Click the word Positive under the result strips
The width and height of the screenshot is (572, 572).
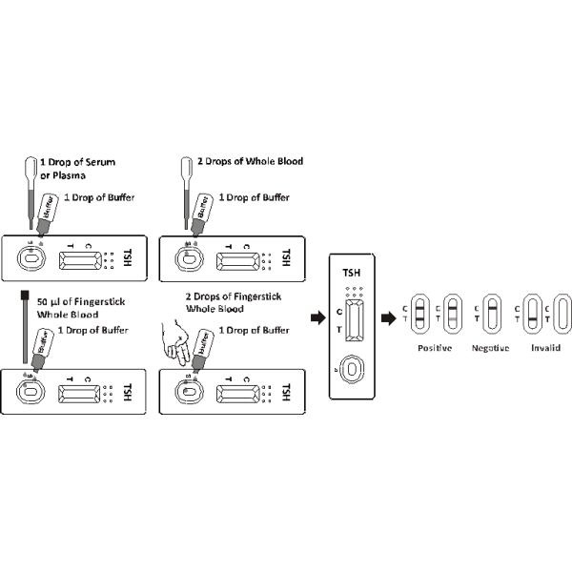point(435,348)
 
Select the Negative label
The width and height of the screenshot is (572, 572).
point(490,348)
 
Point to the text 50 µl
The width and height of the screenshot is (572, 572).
point(49,302)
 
